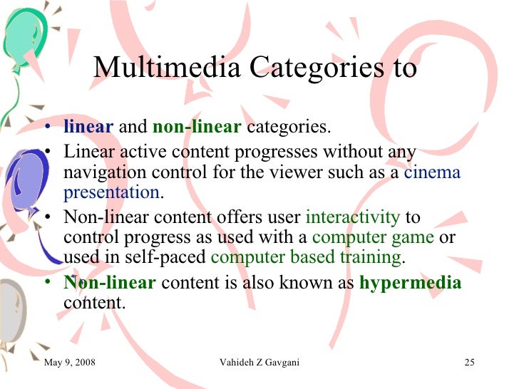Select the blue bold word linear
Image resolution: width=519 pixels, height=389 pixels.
click(88, 128)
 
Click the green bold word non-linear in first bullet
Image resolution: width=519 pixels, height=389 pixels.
click(197, 128)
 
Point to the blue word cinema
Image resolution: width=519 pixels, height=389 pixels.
click(432, 172)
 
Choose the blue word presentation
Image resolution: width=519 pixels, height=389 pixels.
click(111, 192)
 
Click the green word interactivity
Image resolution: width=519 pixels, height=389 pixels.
click(353, 218)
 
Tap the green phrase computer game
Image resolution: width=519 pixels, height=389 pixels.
click(373, 237)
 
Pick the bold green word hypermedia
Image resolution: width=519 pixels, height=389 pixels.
click(410, 283)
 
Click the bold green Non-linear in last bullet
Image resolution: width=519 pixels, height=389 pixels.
click(109, 283)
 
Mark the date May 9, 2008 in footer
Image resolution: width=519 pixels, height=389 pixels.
click(70, 363)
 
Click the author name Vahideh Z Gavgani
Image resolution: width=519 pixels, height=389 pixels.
click(260, 363)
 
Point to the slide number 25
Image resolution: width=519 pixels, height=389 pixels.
click(469, 363)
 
